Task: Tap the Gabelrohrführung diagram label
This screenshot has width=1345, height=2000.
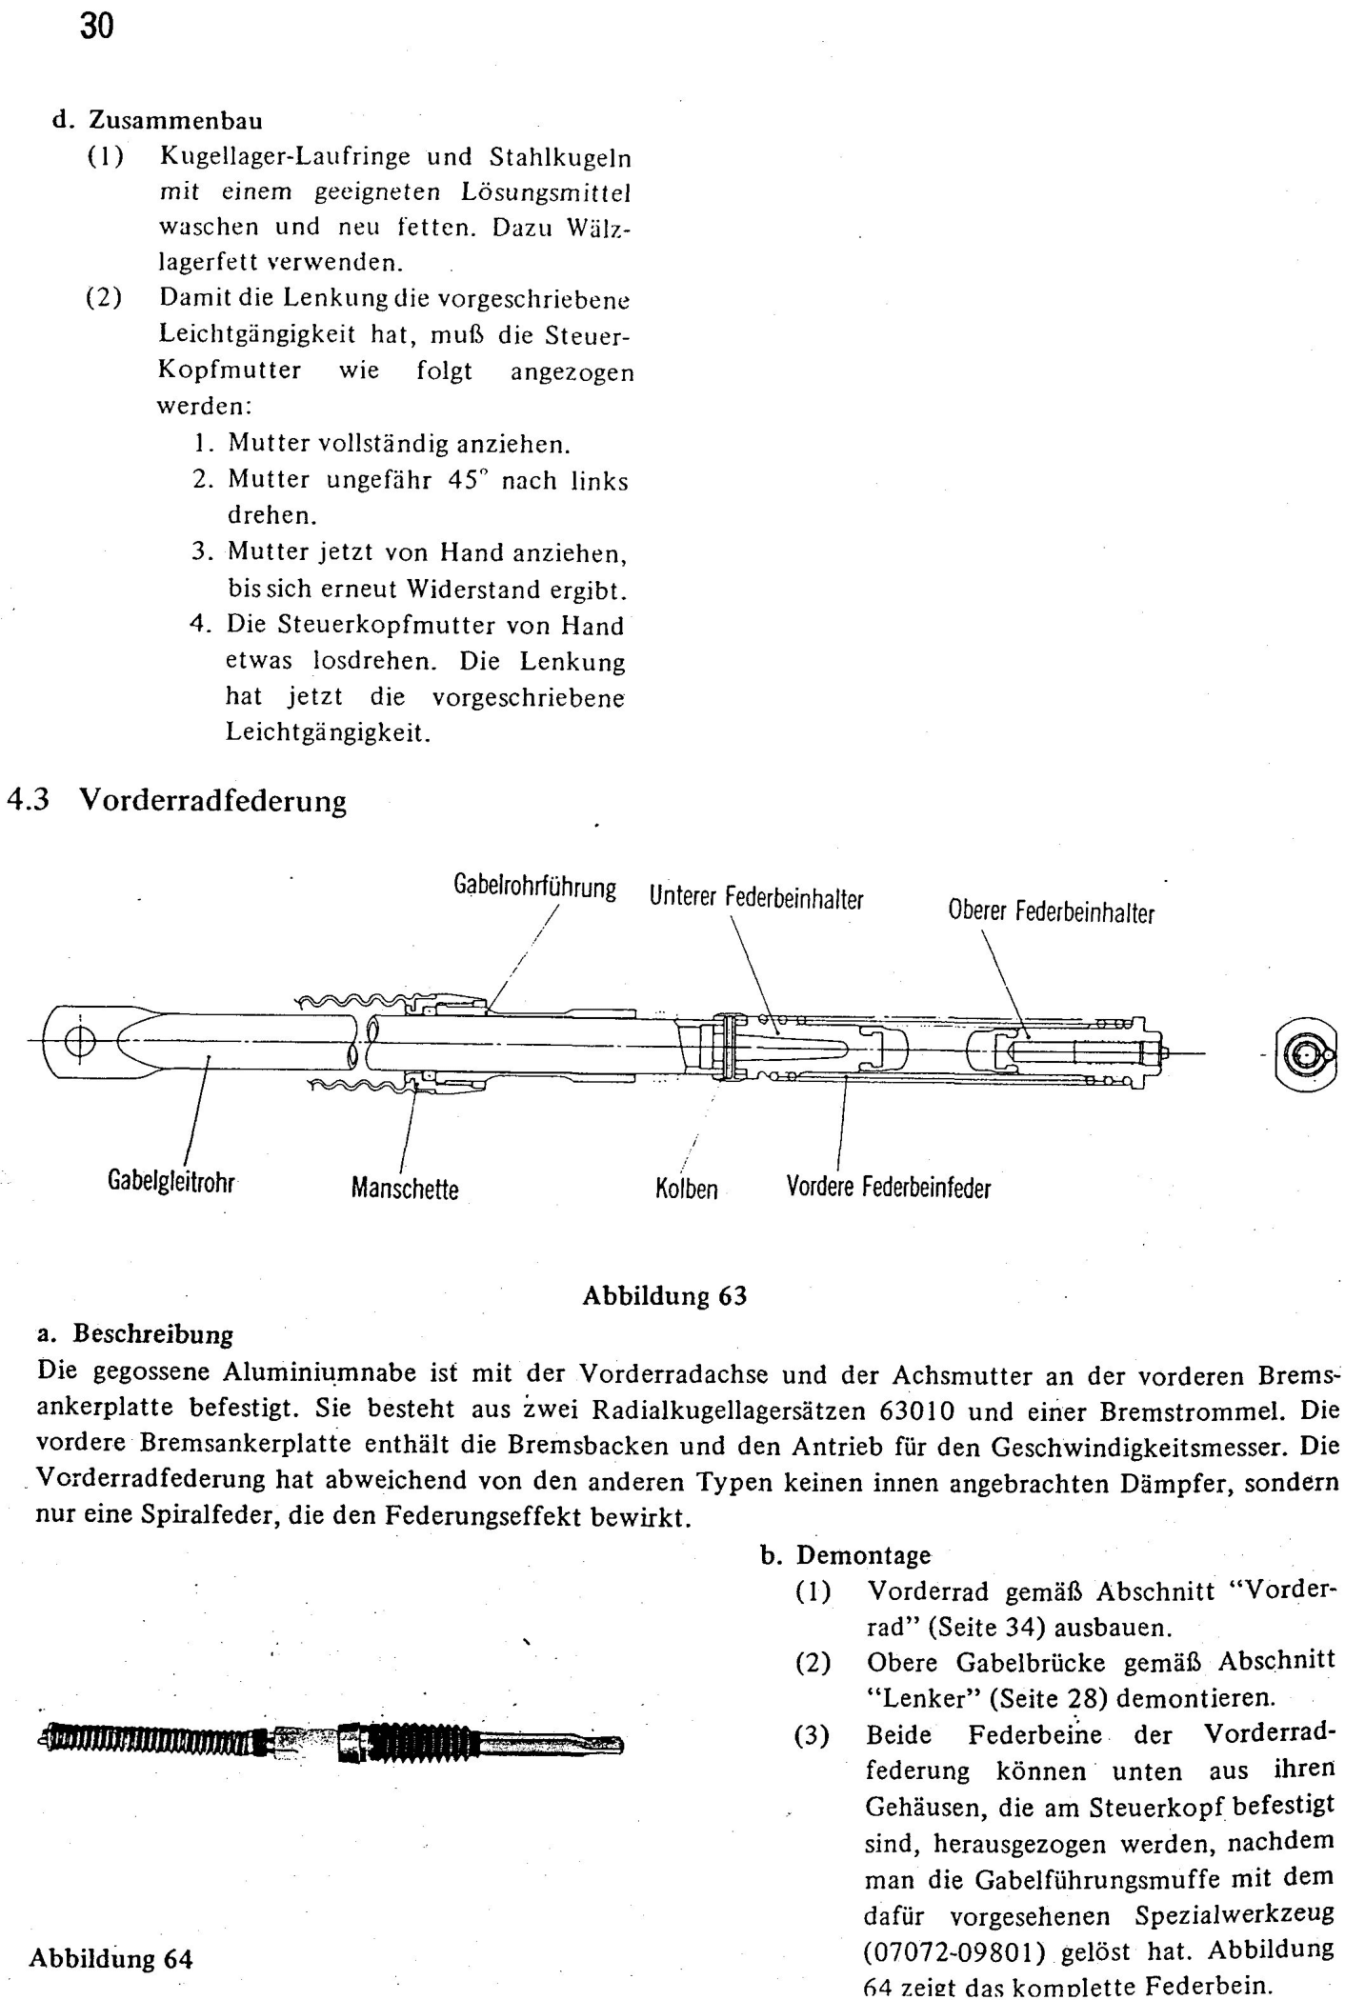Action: pyautogui.click(x=534, y=887)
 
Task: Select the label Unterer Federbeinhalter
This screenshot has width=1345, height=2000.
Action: pyautogui.click(x=756, y=897)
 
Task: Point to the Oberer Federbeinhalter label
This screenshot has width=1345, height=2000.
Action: pyautogui.click(x=1051, y=911)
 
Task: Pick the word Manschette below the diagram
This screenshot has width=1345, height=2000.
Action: pyautogui.click(x=405, y=1189)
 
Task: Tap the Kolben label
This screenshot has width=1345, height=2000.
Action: pyautogui.click(x=687, y=1190)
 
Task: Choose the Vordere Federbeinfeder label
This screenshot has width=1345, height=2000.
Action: pyautogui.click(x=888, y=1188)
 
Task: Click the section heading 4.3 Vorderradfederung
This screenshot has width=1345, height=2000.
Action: pyautogui.click(x=177, y=801)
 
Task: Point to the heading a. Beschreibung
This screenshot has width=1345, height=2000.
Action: pyautogui.click(x=134, y=1334)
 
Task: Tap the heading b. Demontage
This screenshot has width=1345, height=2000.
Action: pyautogui.click(x=846, y=1555)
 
